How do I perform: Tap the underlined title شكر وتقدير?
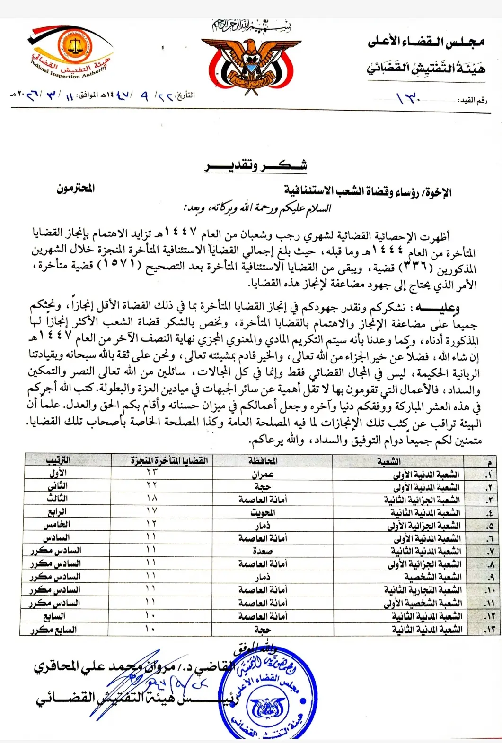tap(256, 165)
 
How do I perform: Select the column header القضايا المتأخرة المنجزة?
tap(169, 460)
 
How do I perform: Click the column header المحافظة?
tap(263, 460)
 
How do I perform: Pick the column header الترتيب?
tap(59, 460)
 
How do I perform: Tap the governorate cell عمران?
tap(263, 474)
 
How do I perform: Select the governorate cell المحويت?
tap(263, 512)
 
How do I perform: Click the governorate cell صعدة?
tap(263, 551)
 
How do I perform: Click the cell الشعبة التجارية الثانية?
tap(423, 590)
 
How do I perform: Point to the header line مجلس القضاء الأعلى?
tap(426, 43)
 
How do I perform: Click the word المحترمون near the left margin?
tap(76, 188)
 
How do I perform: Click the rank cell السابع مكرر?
tap(53, 630)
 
